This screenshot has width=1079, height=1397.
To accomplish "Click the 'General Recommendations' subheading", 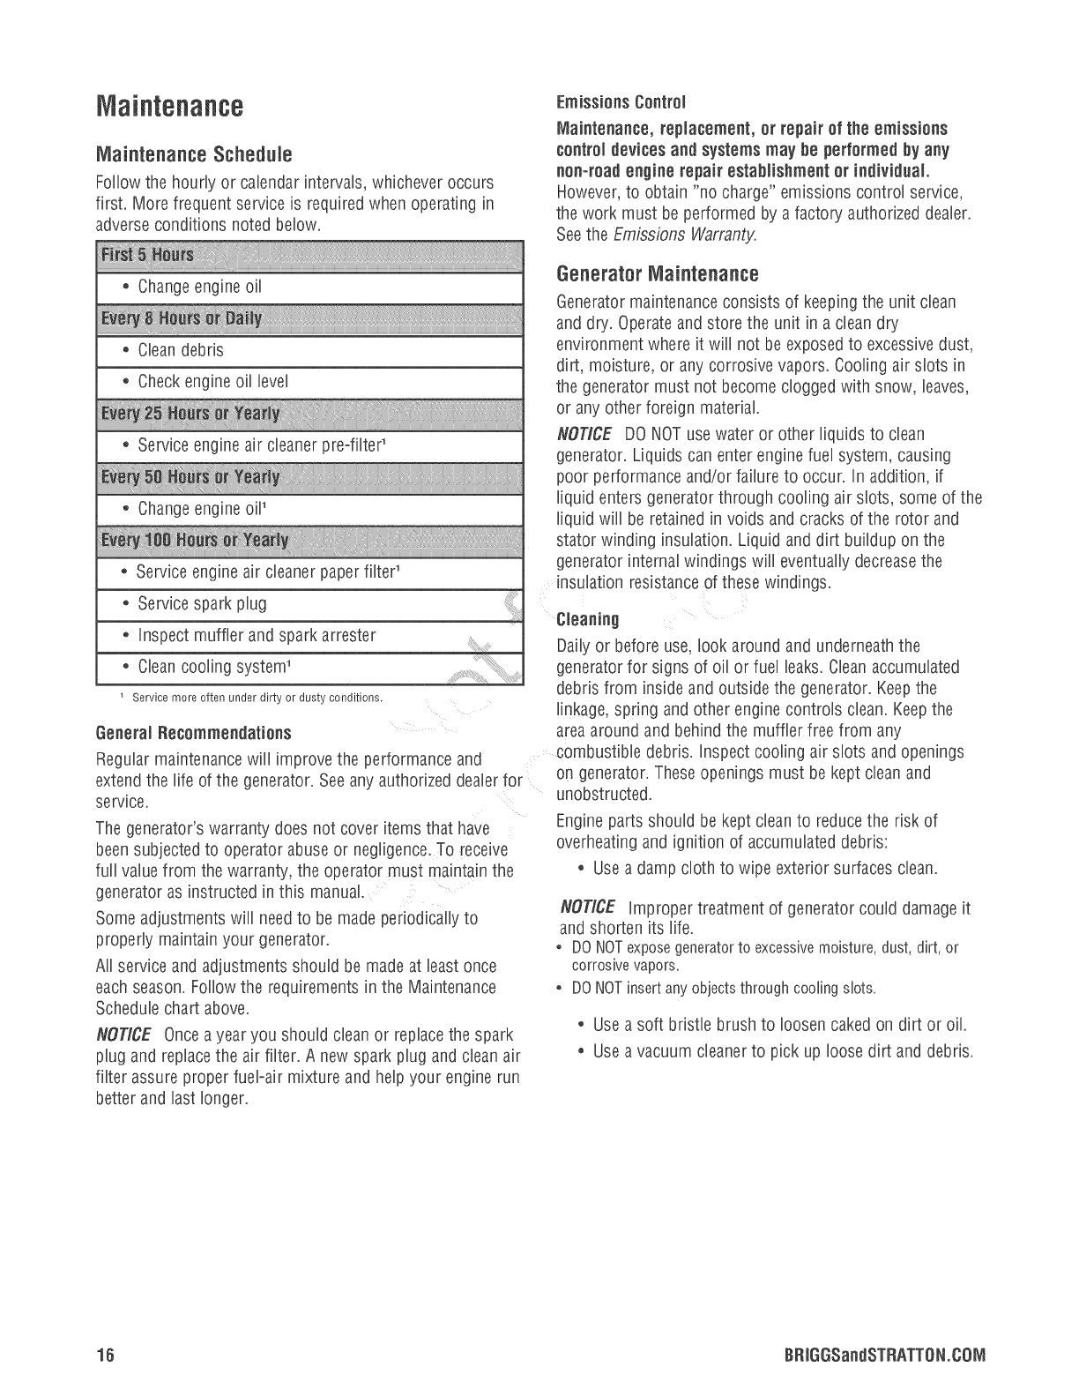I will [192, 733].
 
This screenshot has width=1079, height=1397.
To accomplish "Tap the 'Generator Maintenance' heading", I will [658, 273].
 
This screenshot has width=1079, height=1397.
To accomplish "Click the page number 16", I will [106, 1354].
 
